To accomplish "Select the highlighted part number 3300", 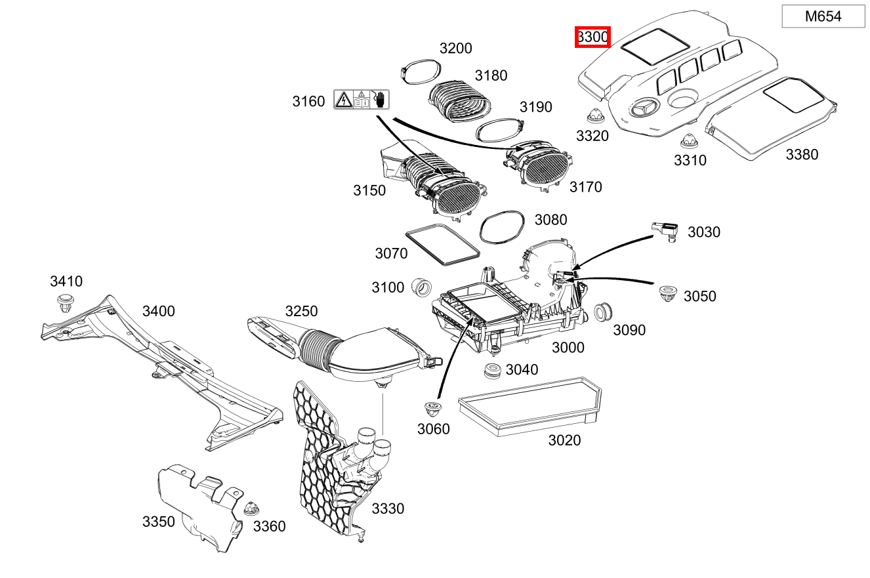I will tap(592, 37).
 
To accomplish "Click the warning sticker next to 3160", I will tap(361, 100).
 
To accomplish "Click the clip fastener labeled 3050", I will tap(668, 293).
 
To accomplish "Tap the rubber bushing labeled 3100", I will tap(421, 287).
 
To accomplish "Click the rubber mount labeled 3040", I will tap(491, 371).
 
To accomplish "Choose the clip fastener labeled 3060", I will tap(432, 409).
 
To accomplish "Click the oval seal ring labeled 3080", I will tap(503, 227).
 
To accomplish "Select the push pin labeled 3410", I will tap(64, 304).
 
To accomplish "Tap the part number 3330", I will tap(388, 508).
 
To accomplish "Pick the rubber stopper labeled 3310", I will tap(688, 140).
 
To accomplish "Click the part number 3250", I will tap(301, 311).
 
